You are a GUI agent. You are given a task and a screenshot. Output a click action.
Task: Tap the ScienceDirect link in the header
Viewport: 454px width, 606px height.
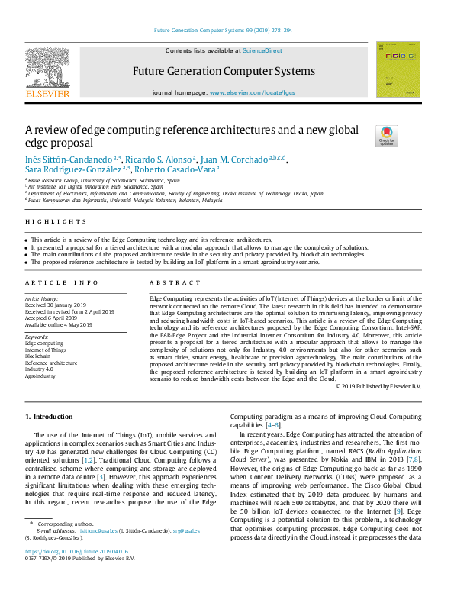click(x=262, y=50)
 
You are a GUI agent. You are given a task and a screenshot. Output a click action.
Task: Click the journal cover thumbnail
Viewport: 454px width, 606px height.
click(x=398, y=69)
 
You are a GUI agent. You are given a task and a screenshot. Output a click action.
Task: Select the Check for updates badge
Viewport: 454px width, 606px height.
click(x=387, y=136)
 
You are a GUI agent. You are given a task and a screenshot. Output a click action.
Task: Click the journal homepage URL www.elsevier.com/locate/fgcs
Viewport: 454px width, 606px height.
click(x=253, y=92)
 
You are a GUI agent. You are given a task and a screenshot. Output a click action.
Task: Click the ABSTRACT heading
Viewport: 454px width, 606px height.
click(x=169, y=282)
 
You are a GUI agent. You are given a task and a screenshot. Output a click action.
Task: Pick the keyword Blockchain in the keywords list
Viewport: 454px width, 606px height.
click(x=38, y=356)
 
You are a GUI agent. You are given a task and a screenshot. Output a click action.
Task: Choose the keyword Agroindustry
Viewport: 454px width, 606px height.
click(x=40, y=376)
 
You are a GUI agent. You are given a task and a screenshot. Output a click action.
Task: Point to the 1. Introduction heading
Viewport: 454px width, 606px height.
click(x=50, y=417)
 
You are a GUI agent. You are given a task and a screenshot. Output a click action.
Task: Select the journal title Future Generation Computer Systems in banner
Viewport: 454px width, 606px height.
click(x=224, y=71)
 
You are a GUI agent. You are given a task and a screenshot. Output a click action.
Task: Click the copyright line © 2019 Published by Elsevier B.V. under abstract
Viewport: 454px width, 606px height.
click(x=378, y=387)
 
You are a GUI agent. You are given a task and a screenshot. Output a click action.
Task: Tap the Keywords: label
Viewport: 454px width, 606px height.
click(x=37, y=337)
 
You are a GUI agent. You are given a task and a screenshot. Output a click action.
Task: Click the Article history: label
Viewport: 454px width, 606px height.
click(x=43, y=298)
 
